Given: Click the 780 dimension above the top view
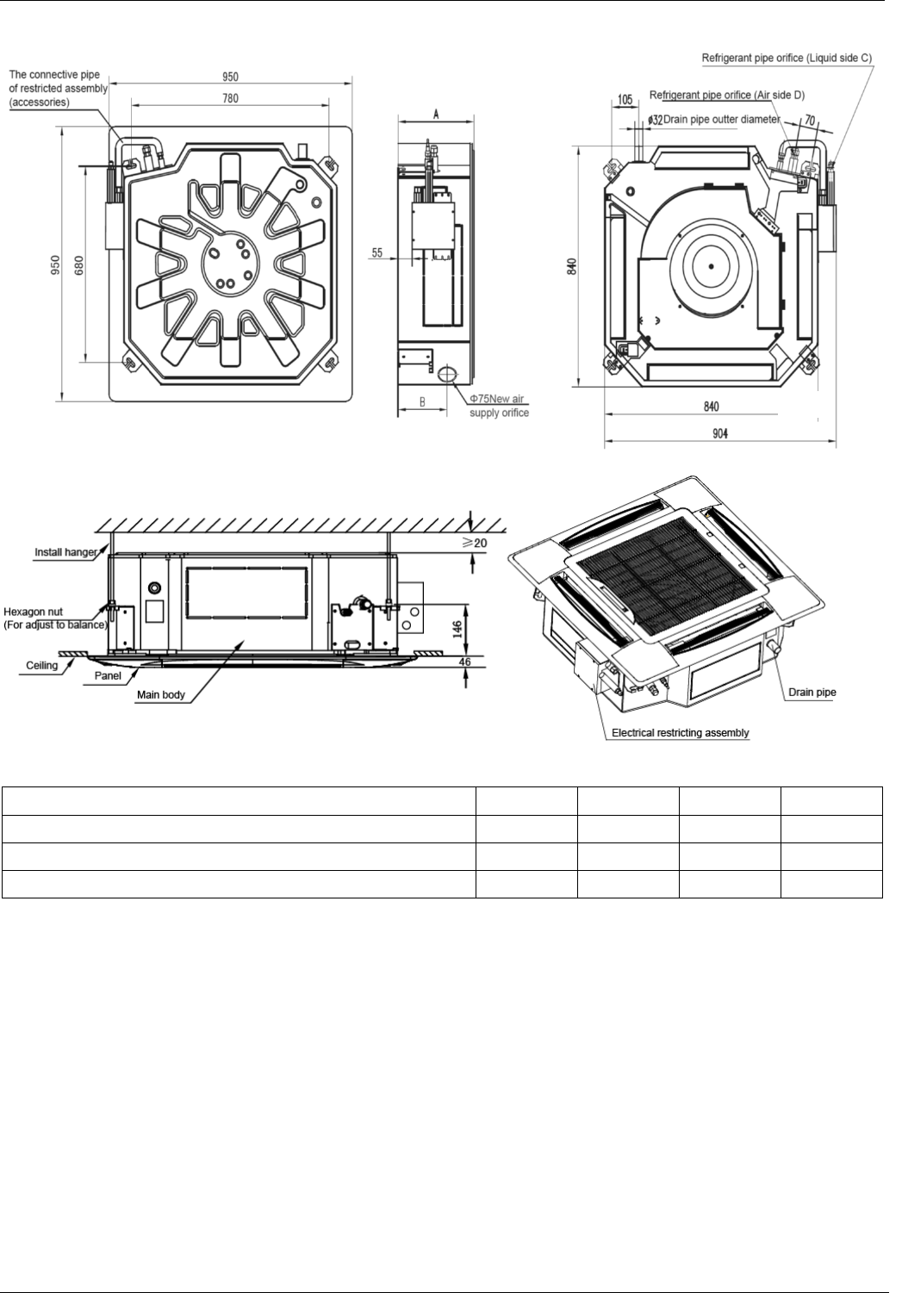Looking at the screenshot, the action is tap(230, 98).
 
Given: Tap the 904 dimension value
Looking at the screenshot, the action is tap(719, 433).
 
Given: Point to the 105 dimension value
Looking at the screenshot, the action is tap(626, 101).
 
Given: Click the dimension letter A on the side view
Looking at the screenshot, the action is tap(437, 114).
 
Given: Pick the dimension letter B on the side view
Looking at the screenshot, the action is tap(422, 401).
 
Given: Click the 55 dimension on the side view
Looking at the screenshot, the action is tap(377, 252).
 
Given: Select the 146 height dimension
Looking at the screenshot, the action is tap(457, 618).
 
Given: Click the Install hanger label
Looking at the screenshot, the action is tap(65, 551).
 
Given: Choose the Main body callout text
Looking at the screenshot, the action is tap(162, 694).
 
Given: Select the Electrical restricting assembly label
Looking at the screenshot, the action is tap(680, 733).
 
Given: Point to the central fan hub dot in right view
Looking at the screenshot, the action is tap(712, 266).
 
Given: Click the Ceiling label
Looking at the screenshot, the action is tap(40, 665).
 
